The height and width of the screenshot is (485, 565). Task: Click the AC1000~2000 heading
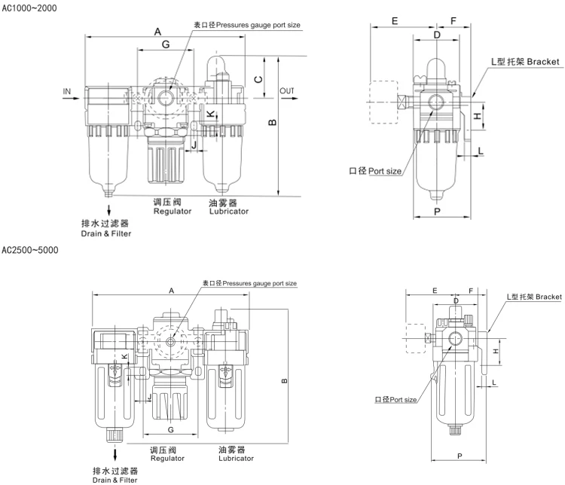click(x=29, y=8)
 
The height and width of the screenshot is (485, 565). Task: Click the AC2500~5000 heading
click(x=30, y=250)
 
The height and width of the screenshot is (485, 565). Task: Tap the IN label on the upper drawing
click(x=67, y=92)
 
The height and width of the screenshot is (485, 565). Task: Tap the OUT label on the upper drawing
click(x=287, y=91)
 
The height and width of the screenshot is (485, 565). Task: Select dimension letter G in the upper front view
click(x=166, y=44)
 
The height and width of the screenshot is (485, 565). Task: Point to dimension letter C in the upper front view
click(x=258, y=79)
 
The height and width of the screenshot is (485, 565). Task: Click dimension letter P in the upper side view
click(x=437, y=212)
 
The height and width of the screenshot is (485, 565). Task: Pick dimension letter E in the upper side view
click(x=395, y=21)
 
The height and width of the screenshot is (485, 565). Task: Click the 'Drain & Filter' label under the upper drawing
click(x=106, y=233)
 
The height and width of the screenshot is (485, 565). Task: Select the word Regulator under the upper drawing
click(x=173, y=211)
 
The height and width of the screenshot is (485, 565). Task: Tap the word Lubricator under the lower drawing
click(x=236, y=459)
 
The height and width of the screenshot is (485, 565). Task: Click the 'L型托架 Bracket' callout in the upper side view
click(x=525, y=62)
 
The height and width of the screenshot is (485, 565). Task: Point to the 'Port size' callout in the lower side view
click(x=395, y=399)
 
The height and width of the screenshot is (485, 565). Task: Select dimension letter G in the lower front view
click(x=171, y=429)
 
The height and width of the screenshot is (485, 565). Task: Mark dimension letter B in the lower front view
click(x=284, y=381)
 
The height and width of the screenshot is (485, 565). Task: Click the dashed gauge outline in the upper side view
click(x=383, y=102)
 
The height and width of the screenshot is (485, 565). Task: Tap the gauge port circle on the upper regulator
click(x=166, y=96)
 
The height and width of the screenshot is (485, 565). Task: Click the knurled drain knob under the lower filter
click(x=115, y=435)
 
